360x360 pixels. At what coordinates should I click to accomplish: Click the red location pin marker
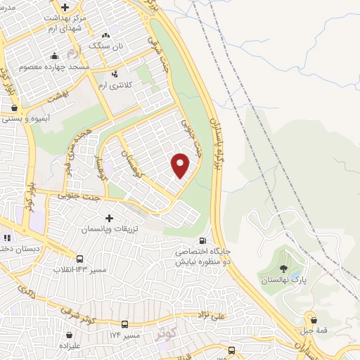click(x=181, y=165)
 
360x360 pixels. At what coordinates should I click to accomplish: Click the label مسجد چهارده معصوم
click(x=60, y=66)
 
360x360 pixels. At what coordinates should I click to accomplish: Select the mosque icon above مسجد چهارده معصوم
click(x=55, y=56)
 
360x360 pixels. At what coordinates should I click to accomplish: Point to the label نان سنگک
click(x=105, y=45)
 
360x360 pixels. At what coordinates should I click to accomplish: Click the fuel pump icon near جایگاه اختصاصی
click(x=204, y=240)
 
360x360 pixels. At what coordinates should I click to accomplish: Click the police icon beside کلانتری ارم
click(x=115, y=72)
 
